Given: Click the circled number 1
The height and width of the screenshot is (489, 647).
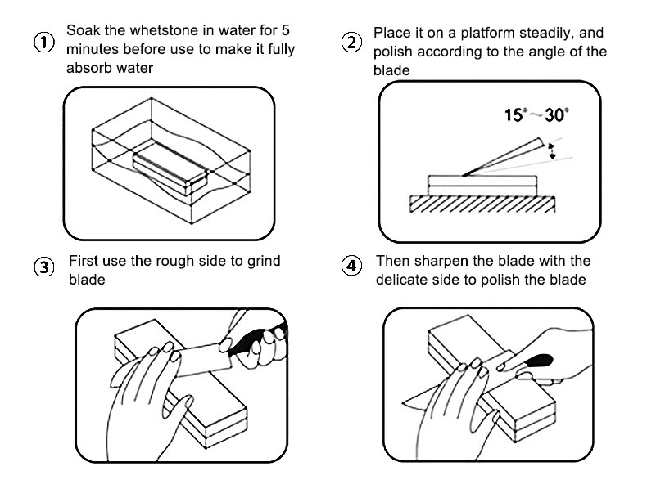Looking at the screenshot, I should (x=39, y=43).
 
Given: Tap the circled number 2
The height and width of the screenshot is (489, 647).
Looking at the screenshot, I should (x=351, y=43).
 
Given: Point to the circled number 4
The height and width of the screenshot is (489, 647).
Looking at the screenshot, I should (x=351, y=267).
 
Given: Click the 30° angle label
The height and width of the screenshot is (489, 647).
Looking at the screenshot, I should (x=556, y=115).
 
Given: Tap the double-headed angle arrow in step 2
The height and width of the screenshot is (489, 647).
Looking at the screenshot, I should (x=552, y=150).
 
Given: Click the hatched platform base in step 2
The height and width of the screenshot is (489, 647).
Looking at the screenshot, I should (x=482, y=204).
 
